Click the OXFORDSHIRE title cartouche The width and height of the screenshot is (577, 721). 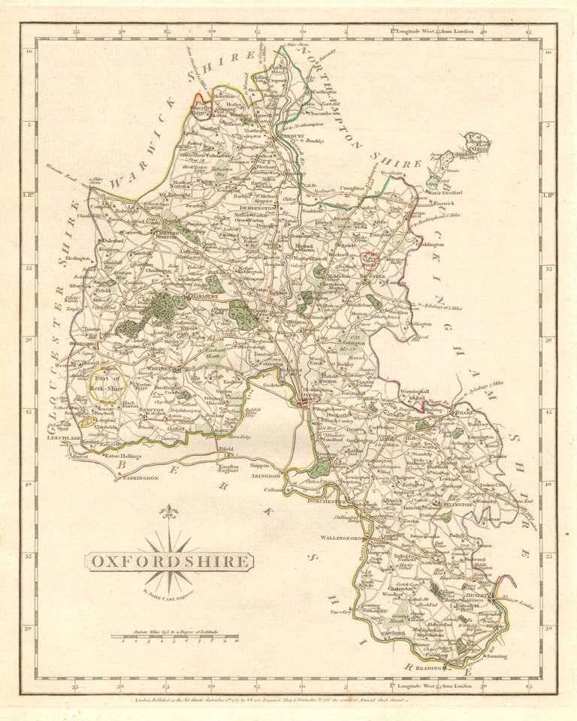coord(168,561)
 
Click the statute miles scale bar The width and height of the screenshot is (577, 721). coord(174,638)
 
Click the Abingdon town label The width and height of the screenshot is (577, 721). coord(266,476)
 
